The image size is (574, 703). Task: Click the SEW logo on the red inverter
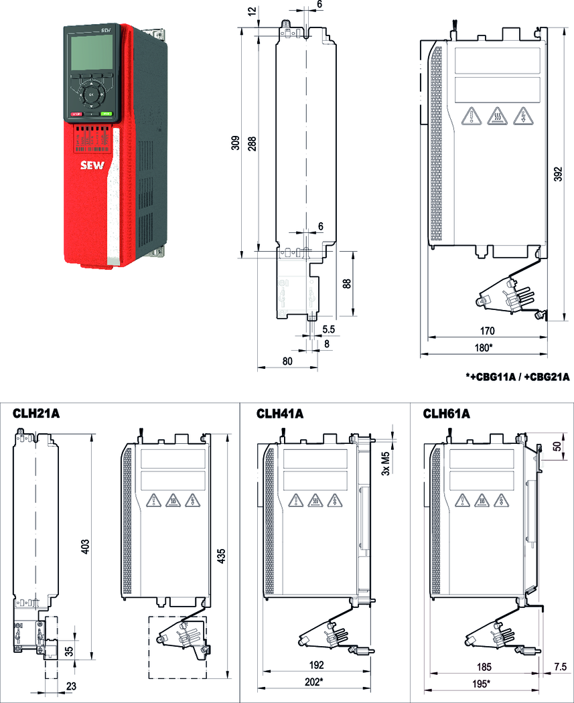[x=91, y=166]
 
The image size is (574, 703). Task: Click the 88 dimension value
[x=346, y=283]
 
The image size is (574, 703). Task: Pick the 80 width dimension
[x=287, y=362]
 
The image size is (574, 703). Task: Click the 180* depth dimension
[x=482, y=347]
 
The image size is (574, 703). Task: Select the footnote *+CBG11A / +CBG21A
[x=517, y=377]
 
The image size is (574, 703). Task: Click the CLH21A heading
[x=36, y=414]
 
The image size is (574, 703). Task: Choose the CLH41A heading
[x=280, y=414]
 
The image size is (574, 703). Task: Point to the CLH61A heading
[x=446, y=414]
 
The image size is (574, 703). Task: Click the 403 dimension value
[x=84, y=546]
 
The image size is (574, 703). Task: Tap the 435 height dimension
[x=221, y=556]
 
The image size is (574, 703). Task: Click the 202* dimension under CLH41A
[x=312, y=682]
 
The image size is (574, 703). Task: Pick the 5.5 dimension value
[x=329, y=329]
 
